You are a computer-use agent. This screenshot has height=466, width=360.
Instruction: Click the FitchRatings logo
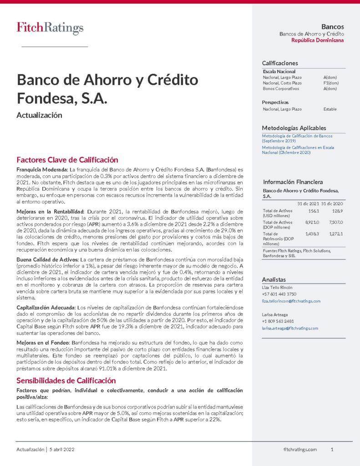click(50, 28)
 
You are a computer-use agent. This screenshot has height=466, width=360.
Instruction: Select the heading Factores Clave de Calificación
click(67, 160)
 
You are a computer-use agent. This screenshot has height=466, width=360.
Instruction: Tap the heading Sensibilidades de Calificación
click(66, 380)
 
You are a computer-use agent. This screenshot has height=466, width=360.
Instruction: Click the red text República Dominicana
click(317, 41)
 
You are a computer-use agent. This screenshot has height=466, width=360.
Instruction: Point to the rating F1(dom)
click(331, 83)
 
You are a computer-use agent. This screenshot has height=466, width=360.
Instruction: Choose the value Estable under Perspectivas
click(330, 109)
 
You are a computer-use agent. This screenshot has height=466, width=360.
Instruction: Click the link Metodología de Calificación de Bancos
click(297, 136)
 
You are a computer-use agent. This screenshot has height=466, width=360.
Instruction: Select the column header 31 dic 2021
click(307, 203)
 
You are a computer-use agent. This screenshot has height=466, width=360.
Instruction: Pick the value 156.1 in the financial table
click(313, 211)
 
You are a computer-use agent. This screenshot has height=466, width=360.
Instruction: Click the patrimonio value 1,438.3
click(311, 233)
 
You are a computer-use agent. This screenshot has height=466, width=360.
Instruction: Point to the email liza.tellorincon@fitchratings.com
click(291, 301)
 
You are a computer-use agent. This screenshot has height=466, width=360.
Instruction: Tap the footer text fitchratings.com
click(300, 450)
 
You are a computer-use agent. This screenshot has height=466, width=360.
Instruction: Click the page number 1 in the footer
click(332, 450)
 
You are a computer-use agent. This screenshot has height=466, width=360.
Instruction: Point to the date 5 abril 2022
click(62, 450)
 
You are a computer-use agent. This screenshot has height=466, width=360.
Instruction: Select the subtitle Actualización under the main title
click(39, 116)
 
